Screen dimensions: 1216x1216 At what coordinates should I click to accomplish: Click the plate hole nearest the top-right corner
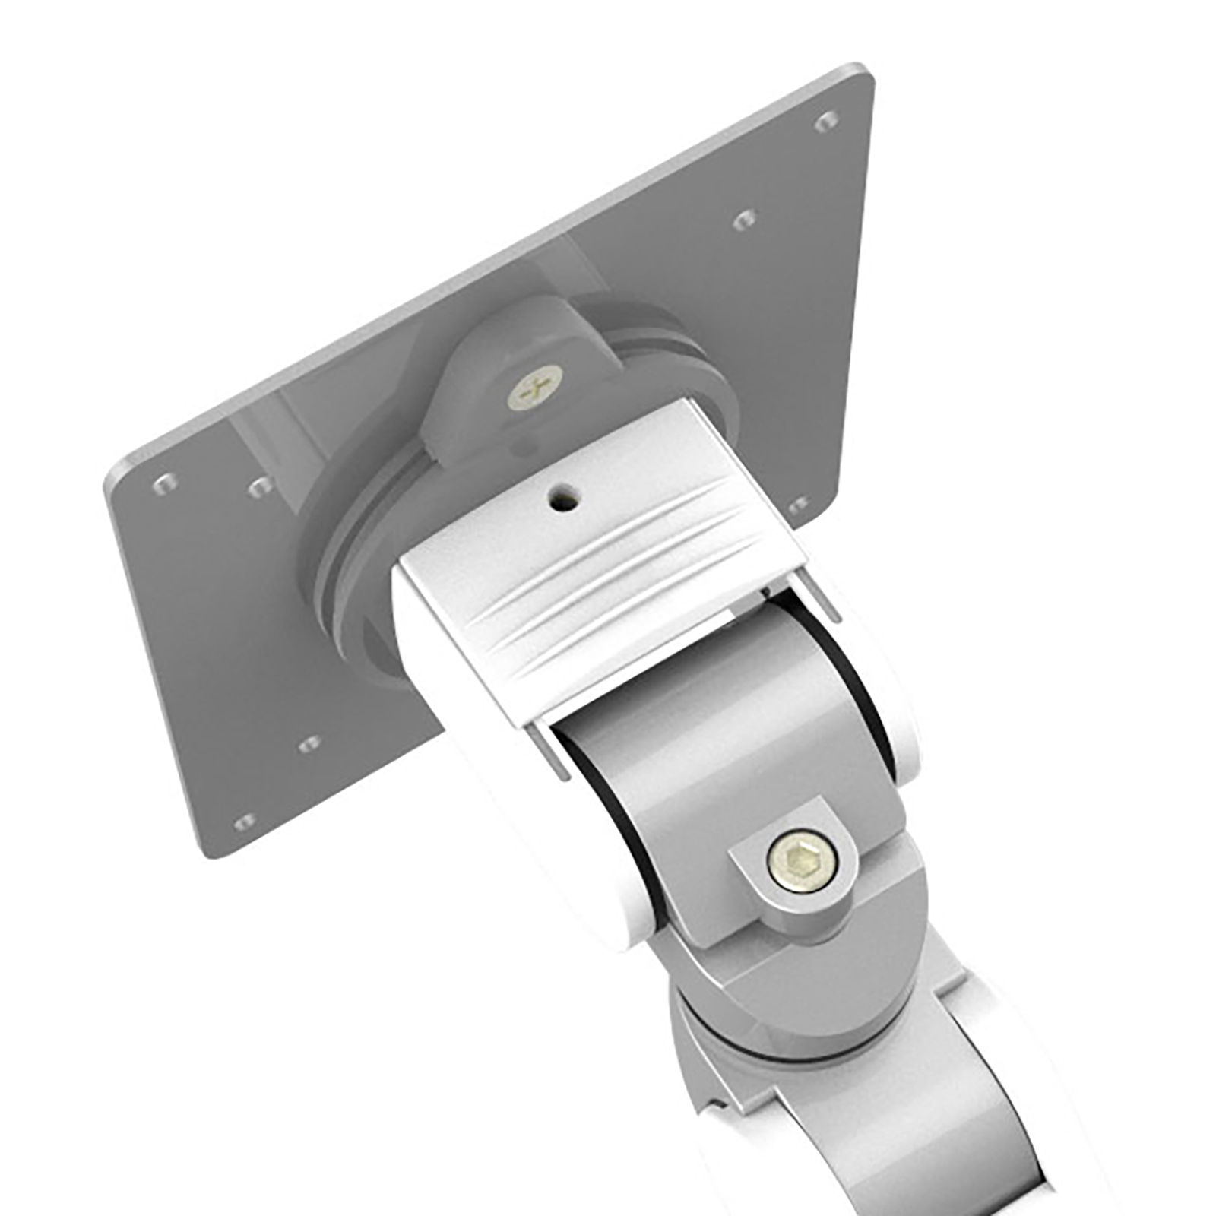[x=826, y=120]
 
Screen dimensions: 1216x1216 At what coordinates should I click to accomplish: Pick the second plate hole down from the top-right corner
[x=744, y=220]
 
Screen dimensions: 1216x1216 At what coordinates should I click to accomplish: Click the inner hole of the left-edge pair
[x=261, y=486]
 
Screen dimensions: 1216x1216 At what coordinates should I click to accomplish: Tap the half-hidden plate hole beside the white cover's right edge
[x=798, y=505]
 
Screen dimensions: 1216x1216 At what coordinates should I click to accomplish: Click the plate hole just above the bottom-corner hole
[x=309, y=743]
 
